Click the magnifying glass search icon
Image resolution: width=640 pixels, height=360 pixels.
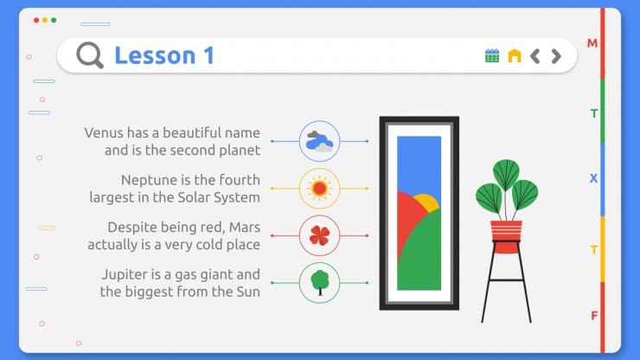click(89, 55)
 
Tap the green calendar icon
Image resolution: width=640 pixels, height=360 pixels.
click(492, 55)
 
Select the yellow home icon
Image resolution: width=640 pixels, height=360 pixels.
click(515, 55)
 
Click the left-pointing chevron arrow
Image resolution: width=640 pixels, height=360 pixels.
click(535, 56)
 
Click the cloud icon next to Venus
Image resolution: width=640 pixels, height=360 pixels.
click(319, 141)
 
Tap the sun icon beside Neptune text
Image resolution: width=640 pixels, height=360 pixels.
click(319, 189)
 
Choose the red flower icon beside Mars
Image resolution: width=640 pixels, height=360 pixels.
click(319, 235)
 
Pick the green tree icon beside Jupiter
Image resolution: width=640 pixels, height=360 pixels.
click(320, 282)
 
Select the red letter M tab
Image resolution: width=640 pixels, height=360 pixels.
click(592, 43)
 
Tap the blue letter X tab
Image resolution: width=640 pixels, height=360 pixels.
click(593, 178)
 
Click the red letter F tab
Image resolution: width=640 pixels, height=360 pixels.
click(594, 316)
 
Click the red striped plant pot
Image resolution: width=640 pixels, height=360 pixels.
click(506, 236)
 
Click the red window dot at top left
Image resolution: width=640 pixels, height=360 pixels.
click(36, 20)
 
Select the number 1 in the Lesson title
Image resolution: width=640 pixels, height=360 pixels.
click(209, 55)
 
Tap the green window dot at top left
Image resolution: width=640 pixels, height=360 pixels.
click(54, 20)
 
